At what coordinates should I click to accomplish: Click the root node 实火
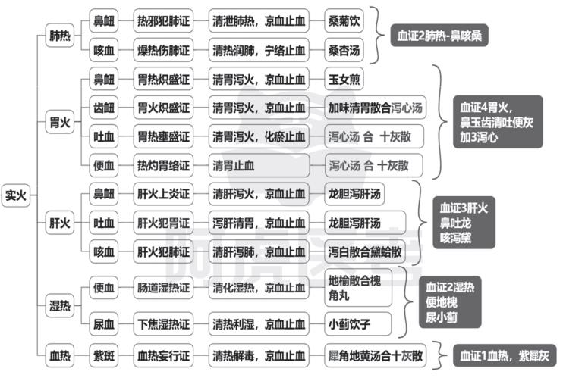coord(15,195)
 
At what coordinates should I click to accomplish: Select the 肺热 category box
coord(60,36)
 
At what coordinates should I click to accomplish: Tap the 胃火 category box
coord(60,122)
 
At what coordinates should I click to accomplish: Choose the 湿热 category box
coord(60,305)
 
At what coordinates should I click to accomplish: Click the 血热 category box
coord(60,356)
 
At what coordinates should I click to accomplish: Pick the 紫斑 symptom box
coord(104,356)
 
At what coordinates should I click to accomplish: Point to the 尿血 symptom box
coord(104,324)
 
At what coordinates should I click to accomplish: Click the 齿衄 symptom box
coord(104,108)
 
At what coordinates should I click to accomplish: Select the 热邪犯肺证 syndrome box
coord(163,20)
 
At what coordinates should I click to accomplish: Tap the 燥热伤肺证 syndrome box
coord(163,50)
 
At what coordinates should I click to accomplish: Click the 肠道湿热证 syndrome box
coord(163,288)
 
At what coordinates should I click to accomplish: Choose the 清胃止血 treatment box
coord(259,165)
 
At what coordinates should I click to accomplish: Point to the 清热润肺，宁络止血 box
coord(259,50)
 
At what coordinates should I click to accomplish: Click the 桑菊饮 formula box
coord(344,20)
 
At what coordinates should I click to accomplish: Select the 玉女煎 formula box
coord(344,79)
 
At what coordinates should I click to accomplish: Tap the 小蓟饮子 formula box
coord(358,324)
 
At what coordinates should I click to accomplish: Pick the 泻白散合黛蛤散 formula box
coord(365,251)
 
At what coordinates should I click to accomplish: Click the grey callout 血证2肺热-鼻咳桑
coord(439,35)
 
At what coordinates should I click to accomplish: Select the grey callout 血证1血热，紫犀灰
coord(505,355)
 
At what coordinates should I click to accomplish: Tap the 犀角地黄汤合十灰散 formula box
coord(376,356)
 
